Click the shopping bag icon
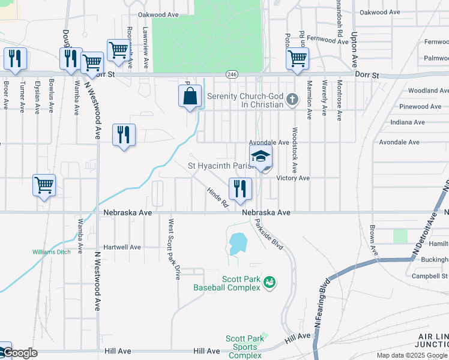pos(190,96)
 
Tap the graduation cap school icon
pos(261,157)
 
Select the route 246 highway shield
pos(232,74)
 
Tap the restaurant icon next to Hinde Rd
pos(240,188)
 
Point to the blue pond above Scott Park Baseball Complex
pos(238,243)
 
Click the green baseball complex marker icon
pos(270,281)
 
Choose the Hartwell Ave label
pos(122,247)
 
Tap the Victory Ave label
pos(293,178)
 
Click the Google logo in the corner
pos(20,353)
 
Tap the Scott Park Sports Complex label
pos(245,347)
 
